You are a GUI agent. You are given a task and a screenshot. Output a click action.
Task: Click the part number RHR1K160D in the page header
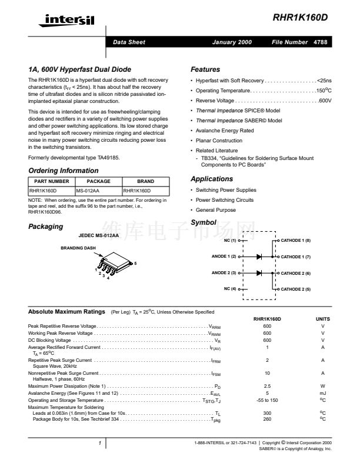point(301,18)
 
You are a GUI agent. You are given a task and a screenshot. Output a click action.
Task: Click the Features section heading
point(205,69)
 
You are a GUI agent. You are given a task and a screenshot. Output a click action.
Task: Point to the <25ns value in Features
point(324,81)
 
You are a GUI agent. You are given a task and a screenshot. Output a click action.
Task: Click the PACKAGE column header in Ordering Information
point(98,181)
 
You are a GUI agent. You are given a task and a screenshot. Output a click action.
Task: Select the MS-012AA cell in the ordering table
point(88,191)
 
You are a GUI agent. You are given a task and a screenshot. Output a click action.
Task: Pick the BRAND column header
point(145,181)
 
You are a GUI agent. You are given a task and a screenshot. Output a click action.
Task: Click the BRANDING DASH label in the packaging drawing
point(78,248)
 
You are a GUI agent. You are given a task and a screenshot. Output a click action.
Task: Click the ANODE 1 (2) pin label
point(224,257)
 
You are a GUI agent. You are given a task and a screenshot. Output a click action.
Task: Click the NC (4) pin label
point(230,289)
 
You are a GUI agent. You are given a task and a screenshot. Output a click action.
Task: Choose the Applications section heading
point(212,179)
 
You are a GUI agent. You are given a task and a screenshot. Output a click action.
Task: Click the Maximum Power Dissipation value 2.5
point(267,386)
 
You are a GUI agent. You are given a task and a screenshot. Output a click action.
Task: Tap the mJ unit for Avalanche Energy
point(323,393)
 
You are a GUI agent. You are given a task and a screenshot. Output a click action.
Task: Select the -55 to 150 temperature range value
point(267,400)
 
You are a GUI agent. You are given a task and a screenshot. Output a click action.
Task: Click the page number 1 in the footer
point(100,442)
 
